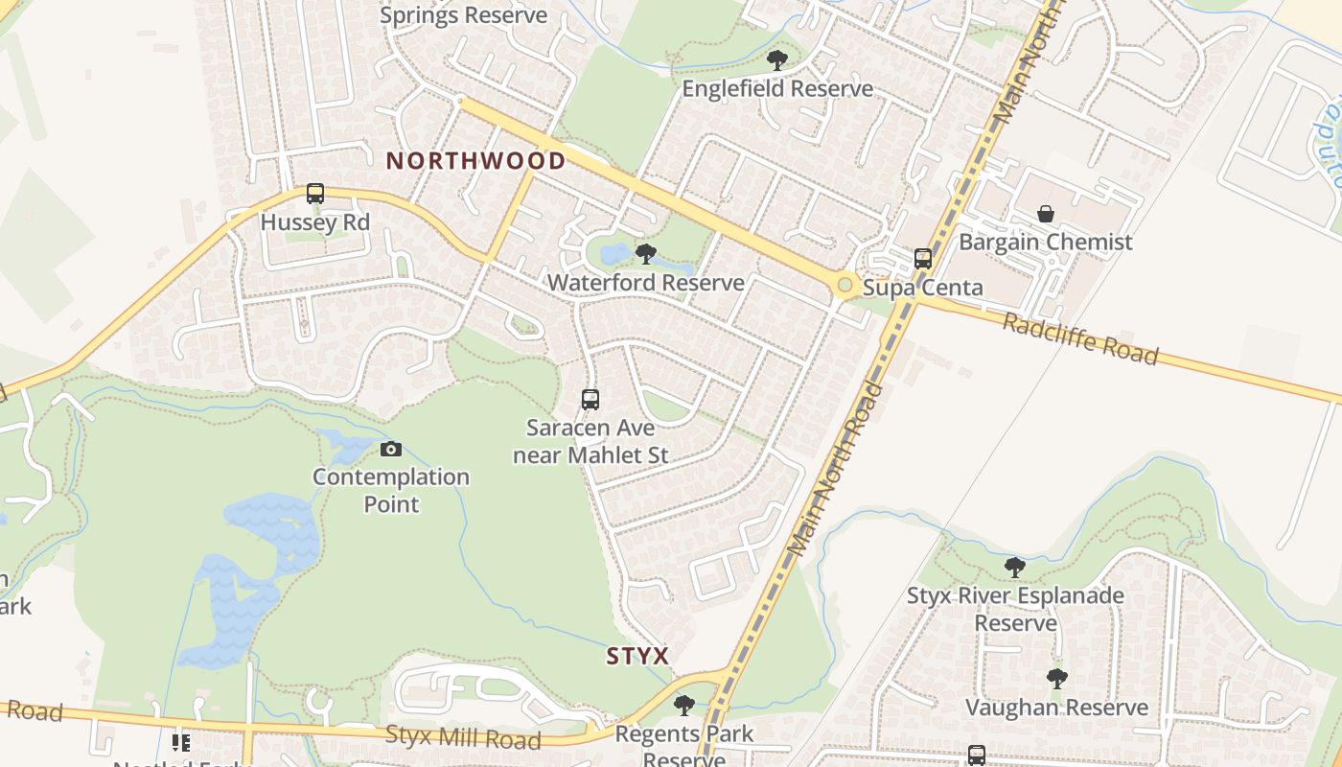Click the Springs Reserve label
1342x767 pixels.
click(463, 15)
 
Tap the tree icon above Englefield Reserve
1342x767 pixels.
click(777, 60)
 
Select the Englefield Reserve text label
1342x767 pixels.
click(777, 89)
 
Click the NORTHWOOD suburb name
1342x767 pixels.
click(475, 160)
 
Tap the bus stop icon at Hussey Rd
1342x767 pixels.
click(315, 194)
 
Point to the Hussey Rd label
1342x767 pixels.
click(315, 223)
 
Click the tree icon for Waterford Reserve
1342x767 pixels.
click(646, 254)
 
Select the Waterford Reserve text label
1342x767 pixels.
click(646, 283)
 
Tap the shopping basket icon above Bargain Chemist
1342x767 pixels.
click(1046, 213)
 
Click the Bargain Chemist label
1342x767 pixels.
click(1046, 242)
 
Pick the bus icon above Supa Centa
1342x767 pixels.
click(923, 259)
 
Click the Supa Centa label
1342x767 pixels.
click(923, 288)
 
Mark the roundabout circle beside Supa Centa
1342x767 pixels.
click(845, 285)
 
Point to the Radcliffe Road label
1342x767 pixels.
click(1080, 338)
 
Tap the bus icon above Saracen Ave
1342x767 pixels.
click(590, 400)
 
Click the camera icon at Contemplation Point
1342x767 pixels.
click(391, 449)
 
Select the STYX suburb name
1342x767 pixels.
click(637, 657)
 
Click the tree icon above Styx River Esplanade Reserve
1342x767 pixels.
click(1015, 568)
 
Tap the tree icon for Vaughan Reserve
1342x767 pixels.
click(1056, 679)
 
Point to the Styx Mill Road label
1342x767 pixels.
click(463, 738)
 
